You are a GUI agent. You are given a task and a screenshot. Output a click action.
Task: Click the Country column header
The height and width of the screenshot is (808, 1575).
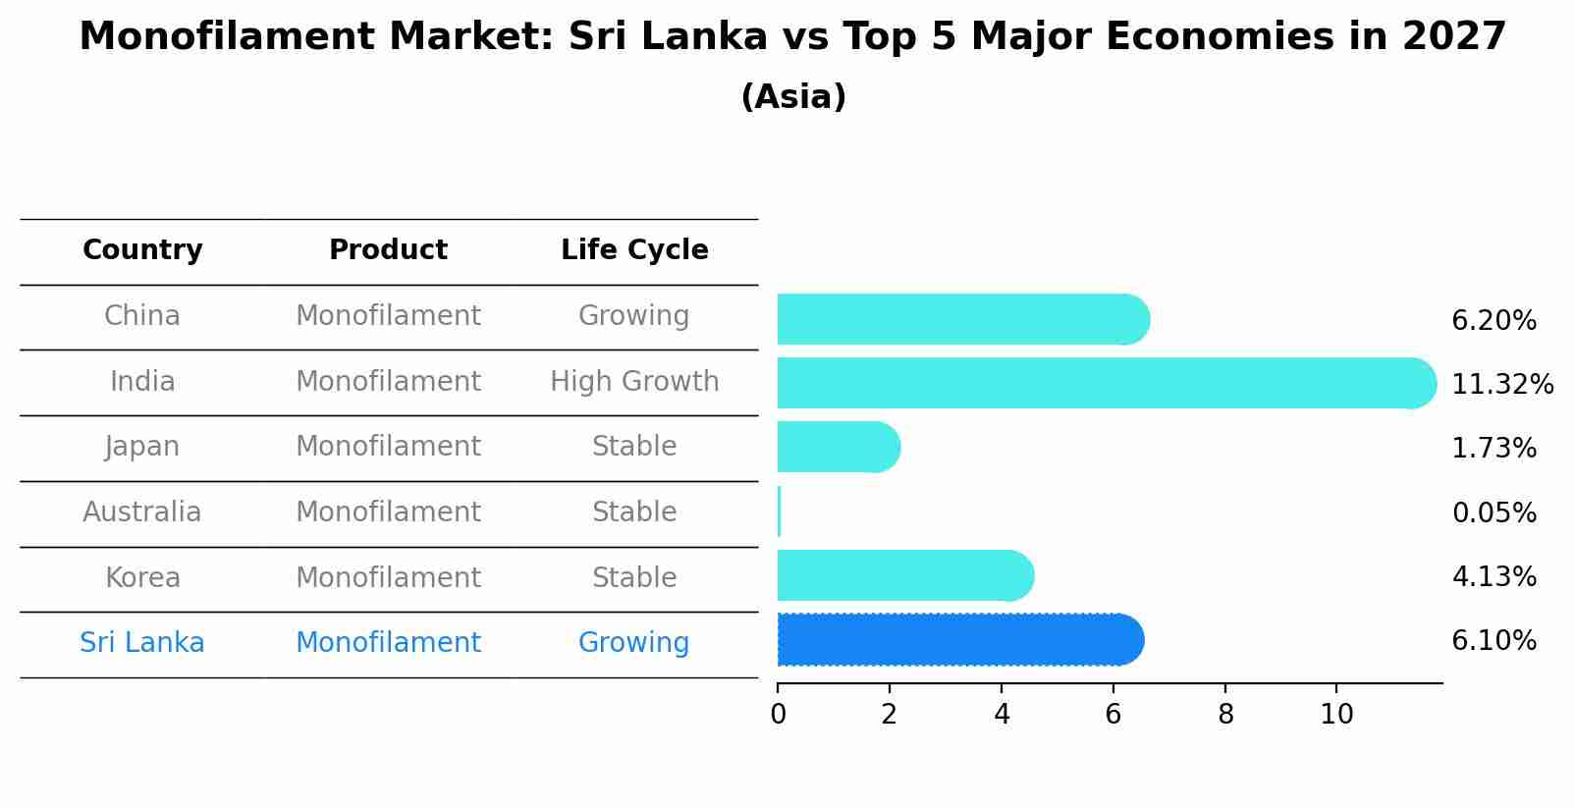coord(142,250)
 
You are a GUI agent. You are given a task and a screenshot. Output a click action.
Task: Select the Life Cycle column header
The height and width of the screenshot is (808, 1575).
coord(634,250)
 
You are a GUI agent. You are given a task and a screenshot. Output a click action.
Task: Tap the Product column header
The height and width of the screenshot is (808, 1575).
coord(388,250)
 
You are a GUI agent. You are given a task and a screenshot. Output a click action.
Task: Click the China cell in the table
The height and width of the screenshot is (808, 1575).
coord(142,316)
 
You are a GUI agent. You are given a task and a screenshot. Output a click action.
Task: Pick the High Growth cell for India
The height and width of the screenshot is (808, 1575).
coord(634,382)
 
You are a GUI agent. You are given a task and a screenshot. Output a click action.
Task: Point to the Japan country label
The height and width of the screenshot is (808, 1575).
coord(142,447)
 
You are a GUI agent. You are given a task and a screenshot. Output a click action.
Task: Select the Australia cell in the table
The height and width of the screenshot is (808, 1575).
coord(142,512)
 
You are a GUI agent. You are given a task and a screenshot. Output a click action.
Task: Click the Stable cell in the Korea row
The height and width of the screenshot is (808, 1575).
coord(634,578)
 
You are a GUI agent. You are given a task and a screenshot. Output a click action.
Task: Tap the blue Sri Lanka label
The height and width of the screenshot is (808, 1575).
coord(142,643)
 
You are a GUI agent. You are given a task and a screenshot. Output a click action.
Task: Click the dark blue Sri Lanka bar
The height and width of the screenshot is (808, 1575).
coord(957,640)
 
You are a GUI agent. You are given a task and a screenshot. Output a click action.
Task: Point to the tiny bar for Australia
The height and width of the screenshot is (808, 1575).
coord(780,512)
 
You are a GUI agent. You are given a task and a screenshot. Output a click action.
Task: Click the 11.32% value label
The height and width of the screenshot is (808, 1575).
coord(1501,385)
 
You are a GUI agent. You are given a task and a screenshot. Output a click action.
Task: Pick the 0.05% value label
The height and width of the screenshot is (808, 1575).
coord(1494,513)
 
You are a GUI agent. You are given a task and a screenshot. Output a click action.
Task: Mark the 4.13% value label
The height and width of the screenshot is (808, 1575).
coord(1494,577)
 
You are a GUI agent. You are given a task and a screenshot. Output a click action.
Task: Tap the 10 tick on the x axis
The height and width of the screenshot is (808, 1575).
coord(1336,715)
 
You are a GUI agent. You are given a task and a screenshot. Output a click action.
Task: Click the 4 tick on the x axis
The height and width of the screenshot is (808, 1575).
coord(1002,715)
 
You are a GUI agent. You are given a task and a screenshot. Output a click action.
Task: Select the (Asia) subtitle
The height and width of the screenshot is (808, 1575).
coord(793,97)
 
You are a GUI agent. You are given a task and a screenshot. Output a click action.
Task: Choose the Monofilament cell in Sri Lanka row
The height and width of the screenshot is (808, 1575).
coord(388,643)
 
